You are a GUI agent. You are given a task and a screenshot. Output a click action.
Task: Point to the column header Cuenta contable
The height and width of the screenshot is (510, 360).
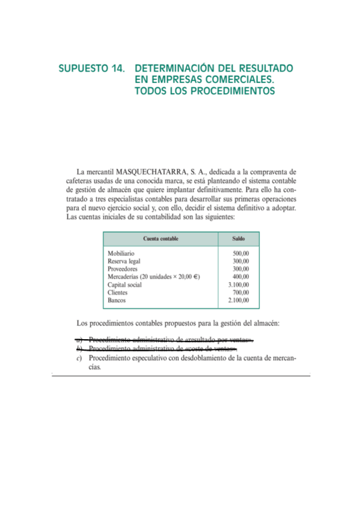[x=160, y=239]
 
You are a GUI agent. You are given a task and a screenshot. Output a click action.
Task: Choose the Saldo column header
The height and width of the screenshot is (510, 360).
[x=238, y=239]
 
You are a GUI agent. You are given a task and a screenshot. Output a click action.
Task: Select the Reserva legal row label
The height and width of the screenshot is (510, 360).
[x=124, y=262]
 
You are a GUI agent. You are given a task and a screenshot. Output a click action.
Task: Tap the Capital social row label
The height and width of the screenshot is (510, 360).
[x=124, y=284]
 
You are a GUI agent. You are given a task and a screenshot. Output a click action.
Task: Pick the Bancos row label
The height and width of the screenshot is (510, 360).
[x=117, y=300]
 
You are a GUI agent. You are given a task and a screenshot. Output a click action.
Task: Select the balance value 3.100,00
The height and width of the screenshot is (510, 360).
[x=239, y=284]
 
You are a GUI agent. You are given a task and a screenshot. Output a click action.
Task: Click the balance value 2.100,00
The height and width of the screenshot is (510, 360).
[x=239, y=300]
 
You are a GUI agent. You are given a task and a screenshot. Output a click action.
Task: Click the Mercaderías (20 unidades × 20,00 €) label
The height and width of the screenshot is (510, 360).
[x=153, y=277]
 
